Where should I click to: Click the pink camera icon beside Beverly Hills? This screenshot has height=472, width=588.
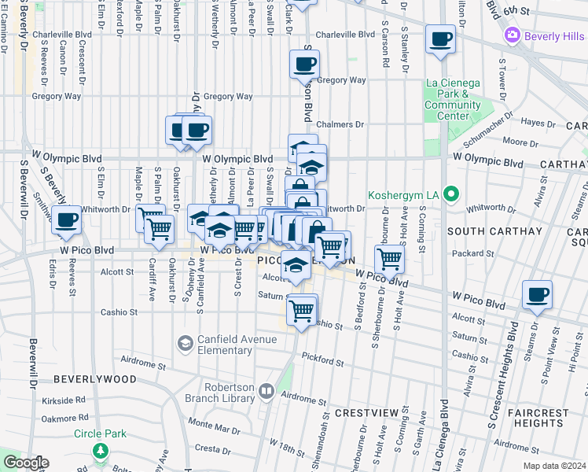513,35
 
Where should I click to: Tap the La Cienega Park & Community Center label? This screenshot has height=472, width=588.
453,99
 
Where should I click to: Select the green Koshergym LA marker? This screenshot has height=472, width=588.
450,194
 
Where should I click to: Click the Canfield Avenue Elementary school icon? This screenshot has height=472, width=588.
185,343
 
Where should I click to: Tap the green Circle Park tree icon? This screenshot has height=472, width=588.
100,450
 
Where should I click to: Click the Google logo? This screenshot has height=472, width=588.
25,463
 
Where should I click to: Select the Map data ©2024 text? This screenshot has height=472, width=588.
553,466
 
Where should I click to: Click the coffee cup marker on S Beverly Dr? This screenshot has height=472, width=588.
66,219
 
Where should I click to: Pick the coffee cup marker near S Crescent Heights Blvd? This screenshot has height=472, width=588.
537,294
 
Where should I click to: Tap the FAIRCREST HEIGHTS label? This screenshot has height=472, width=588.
538,418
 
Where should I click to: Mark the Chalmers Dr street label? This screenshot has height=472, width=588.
340,124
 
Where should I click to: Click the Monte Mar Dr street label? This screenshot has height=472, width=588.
214,427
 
